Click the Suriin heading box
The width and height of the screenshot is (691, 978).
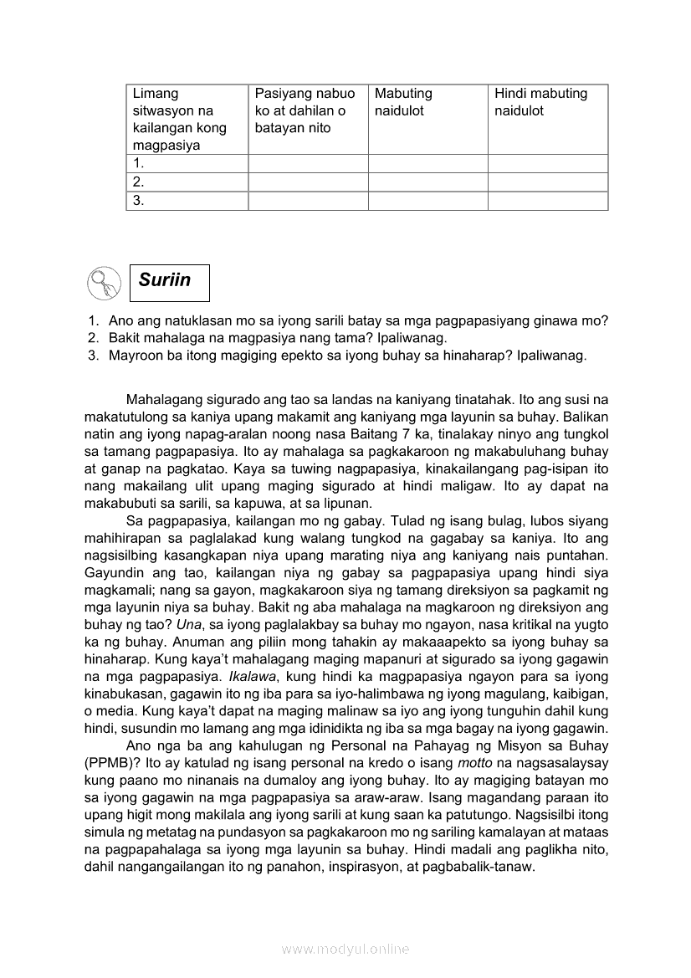point(169,282)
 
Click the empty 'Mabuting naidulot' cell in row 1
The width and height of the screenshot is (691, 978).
point(427,163)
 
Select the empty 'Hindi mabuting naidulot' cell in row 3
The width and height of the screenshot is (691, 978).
point(547,201)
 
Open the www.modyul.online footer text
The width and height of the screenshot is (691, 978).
point(345,949)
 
